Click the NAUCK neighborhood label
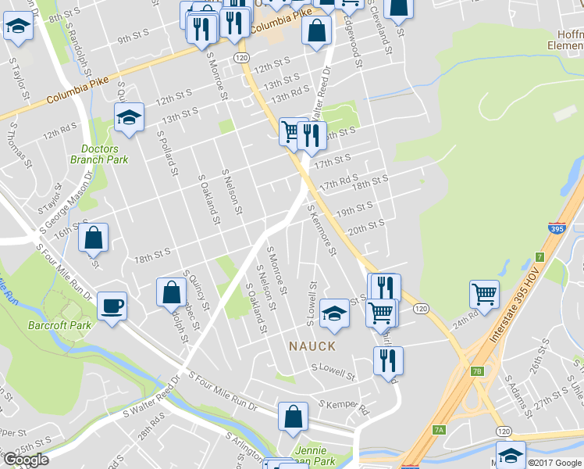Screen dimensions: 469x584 click(x=312, y=345)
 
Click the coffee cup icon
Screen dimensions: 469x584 click(x=112, y=304)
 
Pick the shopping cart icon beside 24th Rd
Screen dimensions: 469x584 click(x=484, y=294)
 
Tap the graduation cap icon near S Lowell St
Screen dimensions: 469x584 click(x=334, y=313)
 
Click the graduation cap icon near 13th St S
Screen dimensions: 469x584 click(x=130, y=118)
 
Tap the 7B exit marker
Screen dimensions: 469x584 click(x=477, y=371)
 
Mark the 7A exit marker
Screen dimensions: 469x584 click(x=439, y=430)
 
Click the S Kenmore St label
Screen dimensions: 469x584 click(x=322, y=231)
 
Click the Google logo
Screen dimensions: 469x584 click(x=25, y=460)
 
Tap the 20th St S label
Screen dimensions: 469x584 click(x=366, y=227)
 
